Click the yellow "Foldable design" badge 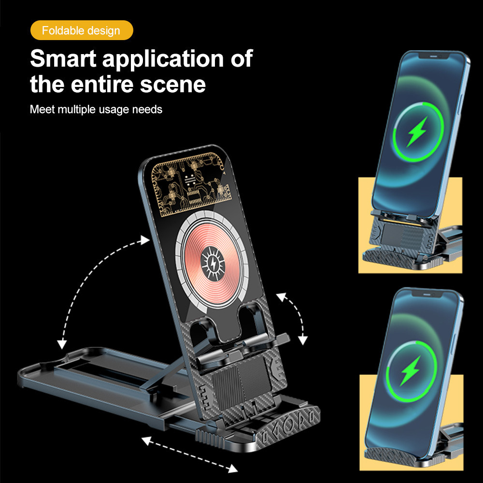[x=82, y=30]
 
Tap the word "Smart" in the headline [x=63, y=58]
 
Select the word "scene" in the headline [x=173, y=85]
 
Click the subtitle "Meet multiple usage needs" [x=96, y=109]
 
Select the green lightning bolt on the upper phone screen [x=417, y=131]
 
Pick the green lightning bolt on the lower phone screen [x=410, y=371]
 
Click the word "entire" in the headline [x=103, y=85]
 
